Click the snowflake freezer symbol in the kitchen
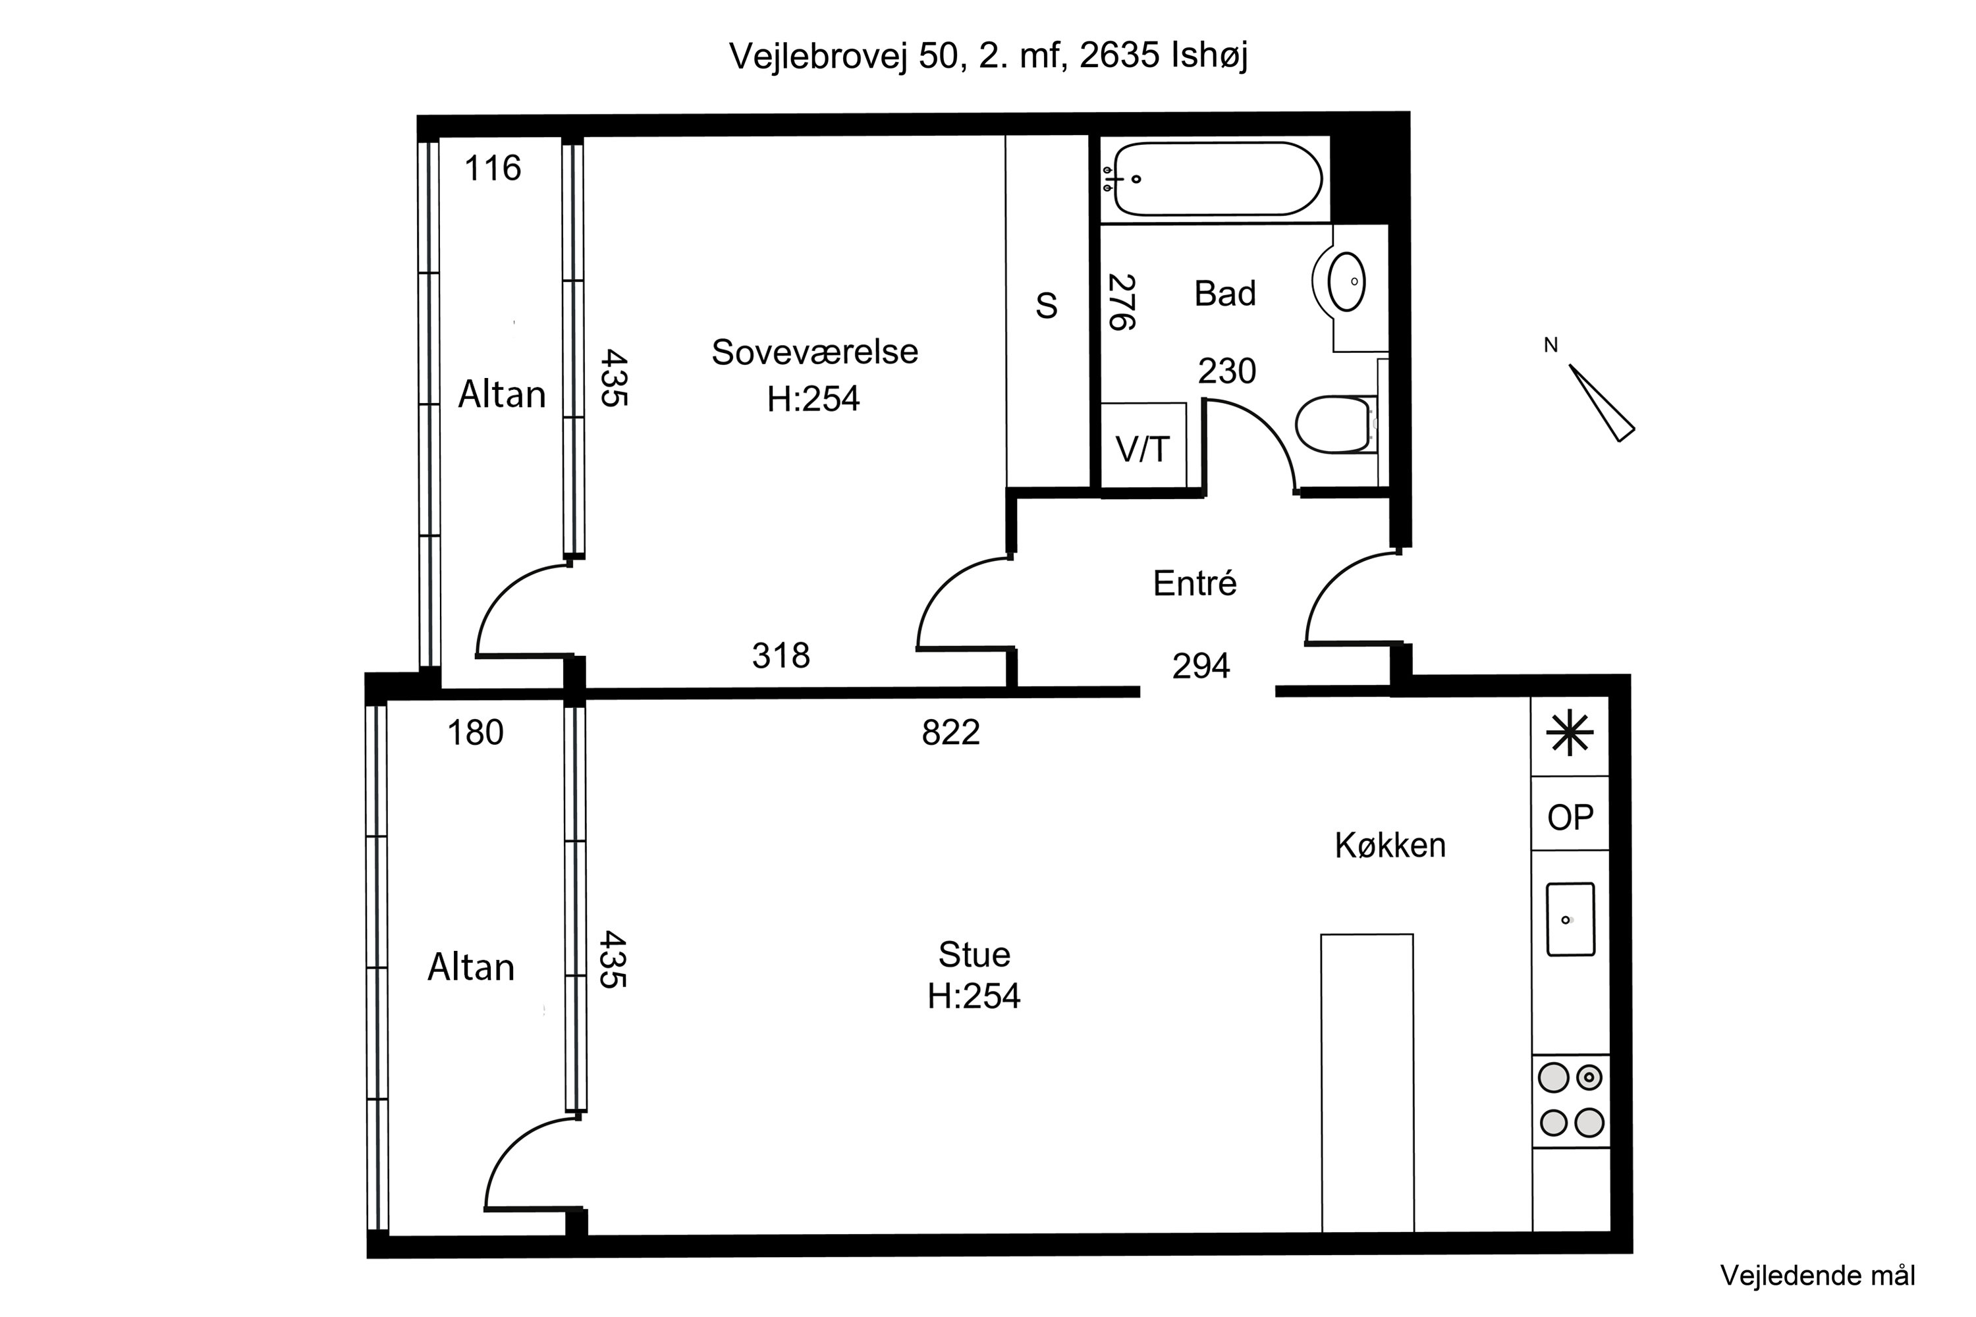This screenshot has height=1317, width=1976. pos(1570,734)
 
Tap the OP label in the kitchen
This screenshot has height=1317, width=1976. pos(1570,817)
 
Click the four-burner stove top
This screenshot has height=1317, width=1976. pos(1570,1100)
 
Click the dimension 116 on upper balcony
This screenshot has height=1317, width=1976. pos(492,169)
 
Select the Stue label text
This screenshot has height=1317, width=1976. pos(974,955)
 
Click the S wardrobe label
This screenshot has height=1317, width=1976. pos(1046,306)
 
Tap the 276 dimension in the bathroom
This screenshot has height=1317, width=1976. pos(1121,302)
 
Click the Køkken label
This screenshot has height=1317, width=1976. pos(1390,846)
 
